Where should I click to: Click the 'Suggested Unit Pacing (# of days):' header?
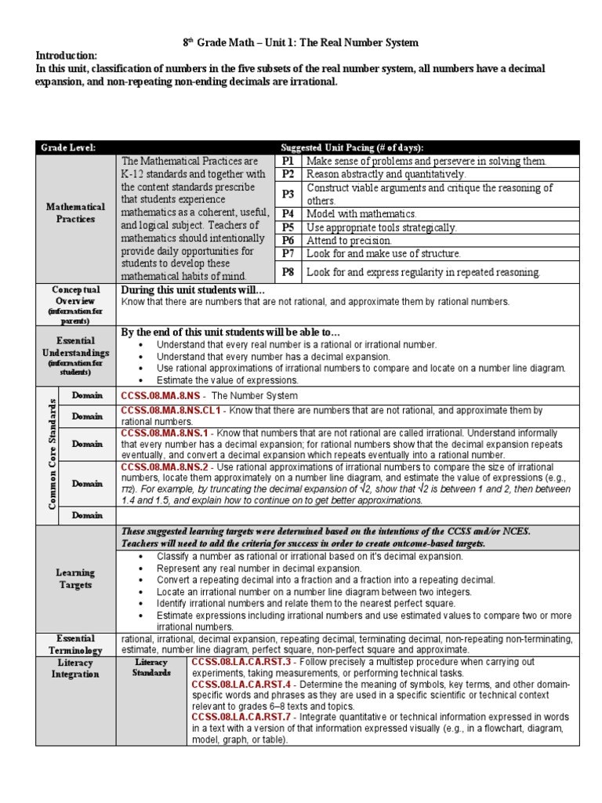click(x=352, y=147)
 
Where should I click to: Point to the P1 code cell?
click(x=288, y=161)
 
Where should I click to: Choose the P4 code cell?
click(x=288, y=213)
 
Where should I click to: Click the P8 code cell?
click(x=288, y=271)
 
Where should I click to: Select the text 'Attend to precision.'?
click(x=349, y=241)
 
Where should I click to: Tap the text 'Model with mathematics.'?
click(x=361, y=213)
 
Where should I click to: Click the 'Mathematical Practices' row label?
click(x=75, y=213)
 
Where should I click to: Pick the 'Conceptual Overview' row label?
click(x=75, y=295)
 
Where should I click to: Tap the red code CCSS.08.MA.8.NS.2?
click(x=164, y=467)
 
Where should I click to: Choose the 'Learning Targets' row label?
click(x=75, y=579)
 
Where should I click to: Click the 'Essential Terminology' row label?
click(x=75, y=644)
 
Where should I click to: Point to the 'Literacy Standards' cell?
click(x=150, y=667)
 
